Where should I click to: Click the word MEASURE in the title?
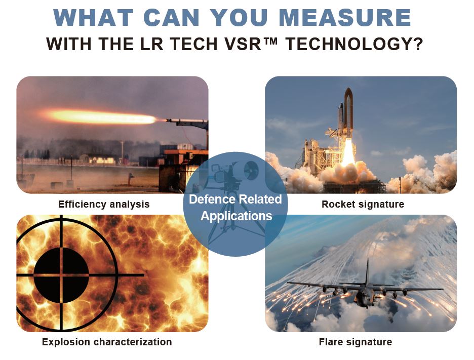pos(345,18)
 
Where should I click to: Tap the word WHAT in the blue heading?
pos(93,18)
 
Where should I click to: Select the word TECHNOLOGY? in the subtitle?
pos(354,44)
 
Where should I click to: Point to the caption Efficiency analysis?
pos(104,205)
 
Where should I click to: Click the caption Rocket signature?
pos(363,205)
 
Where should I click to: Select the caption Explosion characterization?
pos(107,342)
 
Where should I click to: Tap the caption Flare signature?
pos(355,342)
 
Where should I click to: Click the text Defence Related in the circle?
pos(235,199)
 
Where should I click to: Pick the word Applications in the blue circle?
pos(236,216)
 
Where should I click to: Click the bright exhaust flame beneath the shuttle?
pos(348,152)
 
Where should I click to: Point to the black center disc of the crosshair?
pos(61,275)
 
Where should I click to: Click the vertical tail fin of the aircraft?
pos(367,271)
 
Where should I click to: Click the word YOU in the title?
pos(239,18)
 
